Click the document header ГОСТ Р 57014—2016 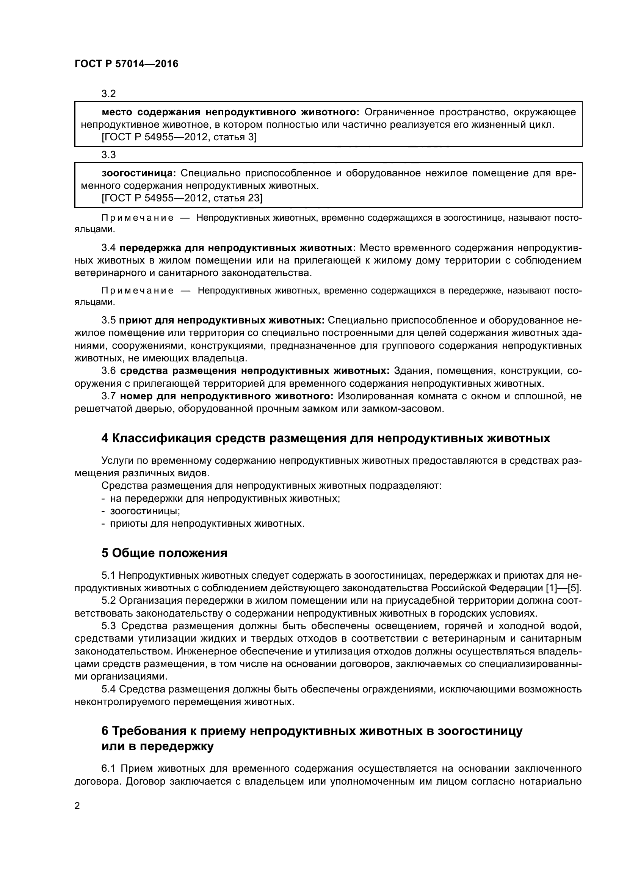tap(126, 64)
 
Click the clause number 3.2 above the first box tap(108, 94)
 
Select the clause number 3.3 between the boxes tap(108, 155)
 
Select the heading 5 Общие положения tap(164, 553)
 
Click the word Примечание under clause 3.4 tap(137, 290)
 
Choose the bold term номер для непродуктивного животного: tap(227, 396)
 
